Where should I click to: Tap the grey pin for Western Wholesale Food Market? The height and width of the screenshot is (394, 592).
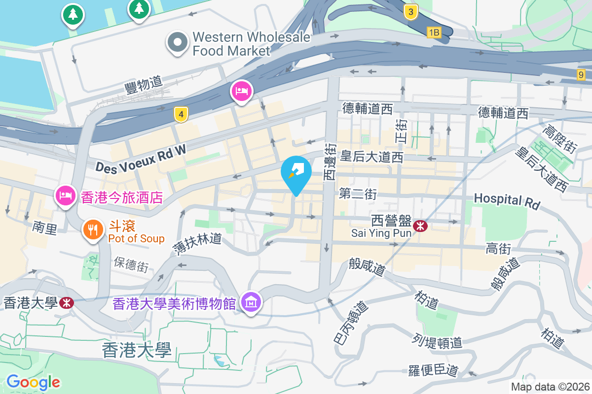pos(178,42)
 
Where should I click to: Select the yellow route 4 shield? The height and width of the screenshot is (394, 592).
pos(182,115)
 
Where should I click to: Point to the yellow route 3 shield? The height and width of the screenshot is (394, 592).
pos(410,12)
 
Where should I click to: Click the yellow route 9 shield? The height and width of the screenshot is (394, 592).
pos(581,75)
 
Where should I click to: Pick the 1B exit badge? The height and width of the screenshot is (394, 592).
pos(434,33)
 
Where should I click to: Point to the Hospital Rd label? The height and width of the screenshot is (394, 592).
pos(507,200)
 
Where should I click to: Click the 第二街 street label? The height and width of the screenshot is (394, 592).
pos(358,195)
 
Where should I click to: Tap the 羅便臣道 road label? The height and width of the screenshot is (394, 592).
pos(434,370)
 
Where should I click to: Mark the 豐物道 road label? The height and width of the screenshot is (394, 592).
pos(144,84)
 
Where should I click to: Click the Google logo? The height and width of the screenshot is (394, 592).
pos(33,382)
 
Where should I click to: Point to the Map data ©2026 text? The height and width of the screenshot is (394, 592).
pos(550,387)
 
